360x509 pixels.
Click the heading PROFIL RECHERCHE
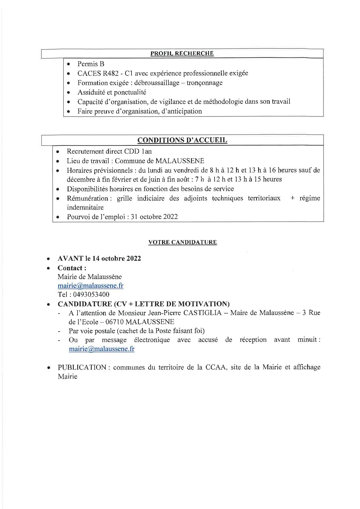(x=182, y=53)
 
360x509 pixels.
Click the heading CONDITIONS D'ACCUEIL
(x=182, y=140)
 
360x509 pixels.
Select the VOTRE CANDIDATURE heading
(x=182, y=242)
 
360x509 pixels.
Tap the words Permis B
(x=91, y=64)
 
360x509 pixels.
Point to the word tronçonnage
(x=204, y=83)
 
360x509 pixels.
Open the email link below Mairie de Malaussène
(x=90, y=285)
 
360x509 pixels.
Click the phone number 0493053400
(x=91, y=294)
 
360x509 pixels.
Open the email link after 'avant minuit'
(x=101, y=349)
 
